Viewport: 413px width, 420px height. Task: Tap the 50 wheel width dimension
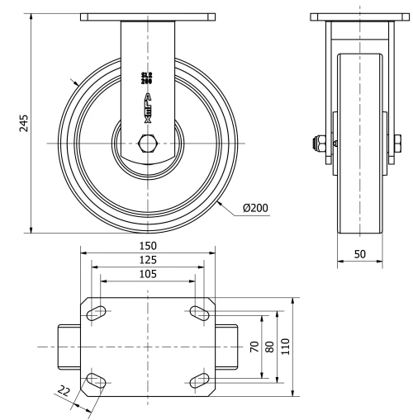click(359, 254)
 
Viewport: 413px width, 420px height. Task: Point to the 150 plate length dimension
click(148, 246)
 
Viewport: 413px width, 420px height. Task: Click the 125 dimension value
click(148, 259)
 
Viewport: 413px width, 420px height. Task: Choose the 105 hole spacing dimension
click(148, 273)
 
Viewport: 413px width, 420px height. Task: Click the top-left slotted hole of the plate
click(97, 311)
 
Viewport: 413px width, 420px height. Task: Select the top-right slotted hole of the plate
click(199, 311)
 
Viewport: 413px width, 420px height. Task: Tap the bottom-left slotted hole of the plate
click(97, 380)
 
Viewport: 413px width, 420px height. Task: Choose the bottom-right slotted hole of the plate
click(199, 380)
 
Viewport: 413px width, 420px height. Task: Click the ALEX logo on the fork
click(148, 108)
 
